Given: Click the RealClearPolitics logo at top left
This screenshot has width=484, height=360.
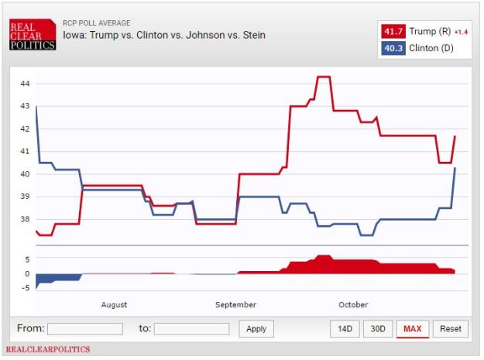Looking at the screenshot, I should coord(33,35).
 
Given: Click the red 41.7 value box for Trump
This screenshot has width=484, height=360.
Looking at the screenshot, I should coord(392,31).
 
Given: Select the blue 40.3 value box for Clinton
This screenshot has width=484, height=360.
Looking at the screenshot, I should coord(392,48).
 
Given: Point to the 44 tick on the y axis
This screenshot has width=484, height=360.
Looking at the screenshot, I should coord(25,84).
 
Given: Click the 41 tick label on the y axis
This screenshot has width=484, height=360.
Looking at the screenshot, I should coord(25,152).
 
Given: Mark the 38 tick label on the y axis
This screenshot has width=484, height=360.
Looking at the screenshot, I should coord(25,219).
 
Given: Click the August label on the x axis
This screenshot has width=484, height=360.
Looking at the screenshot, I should coord(114,305).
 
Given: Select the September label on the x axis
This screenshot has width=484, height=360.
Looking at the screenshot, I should coord(235,305).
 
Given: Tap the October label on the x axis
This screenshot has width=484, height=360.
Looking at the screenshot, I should coord(353,305).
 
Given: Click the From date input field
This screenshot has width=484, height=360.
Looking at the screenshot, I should coord(84,329).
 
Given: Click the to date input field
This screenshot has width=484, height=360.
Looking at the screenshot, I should coord(191,329).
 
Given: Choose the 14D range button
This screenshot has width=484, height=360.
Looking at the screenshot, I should coord(345,329).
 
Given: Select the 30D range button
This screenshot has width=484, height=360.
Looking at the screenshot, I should coord(377,329).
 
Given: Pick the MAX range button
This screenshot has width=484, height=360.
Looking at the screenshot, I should coord(413,329).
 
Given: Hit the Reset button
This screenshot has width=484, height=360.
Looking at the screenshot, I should coord(450,329).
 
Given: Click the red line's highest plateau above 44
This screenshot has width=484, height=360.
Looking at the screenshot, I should coord(324,77).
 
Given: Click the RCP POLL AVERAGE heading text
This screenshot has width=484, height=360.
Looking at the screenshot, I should coord(97,23).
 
